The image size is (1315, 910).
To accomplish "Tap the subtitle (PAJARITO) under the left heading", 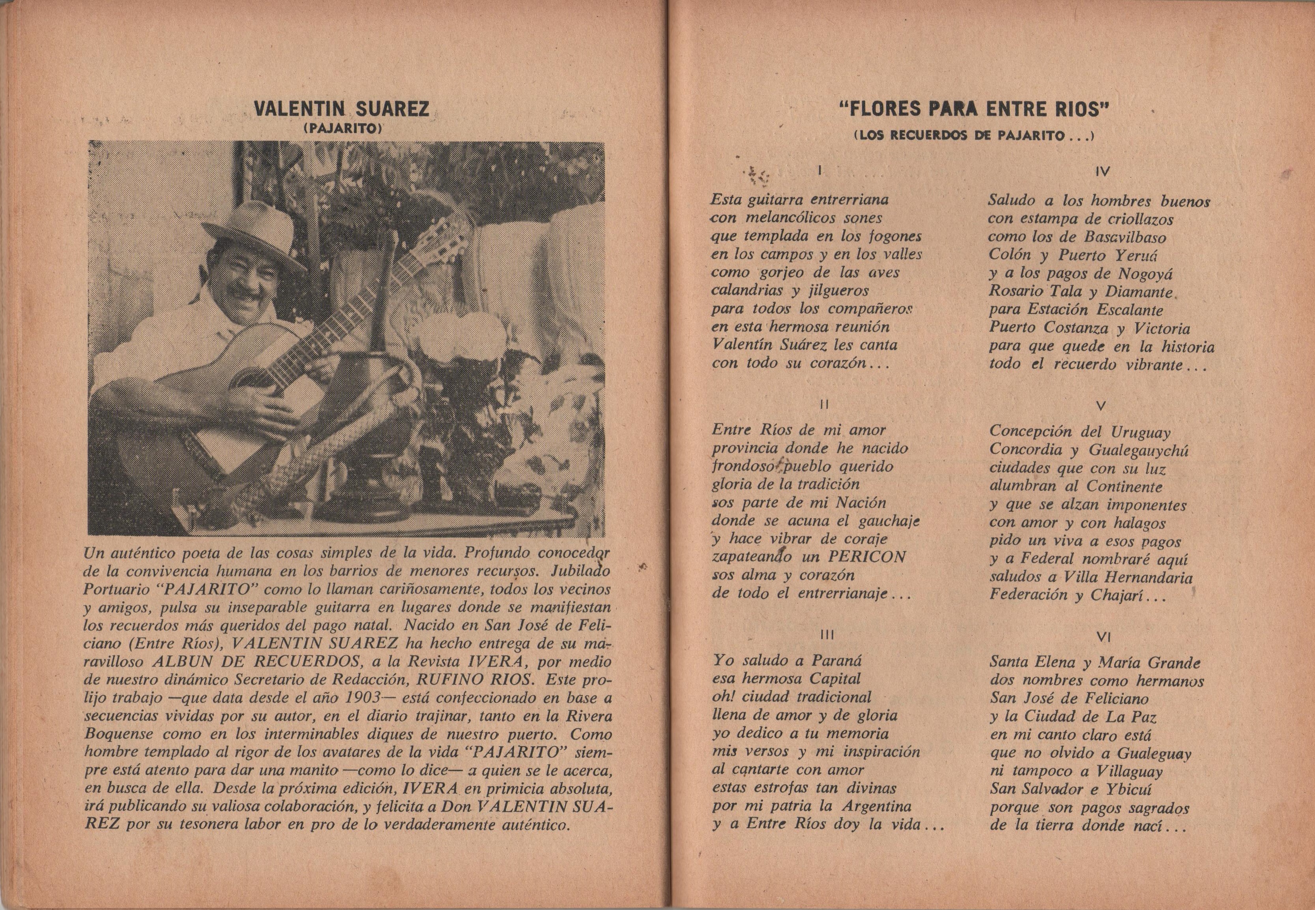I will point(342,129).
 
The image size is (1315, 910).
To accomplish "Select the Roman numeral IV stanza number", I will point(1102,171).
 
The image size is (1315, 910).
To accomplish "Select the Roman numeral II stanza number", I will point(822,404).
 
